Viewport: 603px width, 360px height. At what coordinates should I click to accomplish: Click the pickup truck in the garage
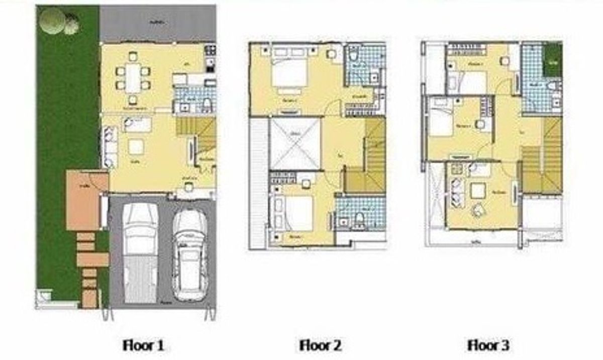click(x=140, y=251)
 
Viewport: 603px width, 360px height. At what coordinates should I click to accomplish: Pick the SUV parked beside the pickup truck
click(x=189, y=254)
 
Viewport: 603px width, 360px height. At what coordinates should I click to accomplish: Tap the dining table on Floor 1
click(x=133, y=78)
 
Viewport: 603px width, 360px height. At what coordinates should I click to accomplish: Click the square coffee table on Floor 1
click(x=136, y=146)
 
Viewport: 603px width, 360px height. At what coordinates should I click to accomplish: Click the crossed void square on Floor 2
click(x=295, y=143)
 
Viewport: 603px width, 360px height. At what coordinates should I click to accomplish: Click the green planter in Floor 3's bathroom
click(x=553, y=61)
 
